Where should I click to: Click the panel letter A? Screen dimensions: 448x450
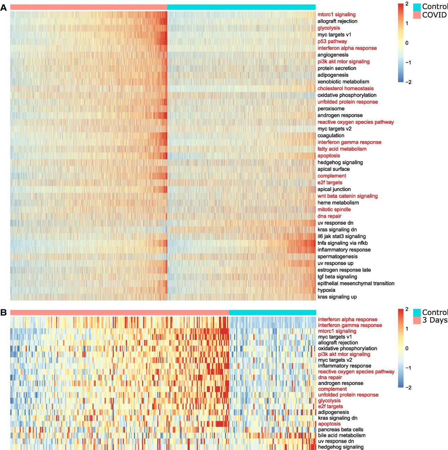click(x=4, y=8)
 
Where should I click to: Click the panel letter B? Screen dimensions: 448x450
click(x=4, y=313)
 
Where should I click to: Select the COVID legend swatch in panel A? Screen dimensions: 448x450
click(x=417, y=15)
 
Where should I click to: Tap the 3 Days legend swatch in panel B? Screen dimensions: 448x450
click(x=417, y=320)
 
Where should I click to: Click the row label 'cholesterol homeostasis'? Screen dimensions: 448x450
click(x=345, y=89)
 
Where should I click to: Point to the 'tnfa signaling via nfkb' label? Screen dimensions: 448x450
click(x=343, y=243)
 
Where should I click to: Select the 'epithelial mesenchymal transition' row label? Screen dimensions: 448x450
click(x=356, y=283)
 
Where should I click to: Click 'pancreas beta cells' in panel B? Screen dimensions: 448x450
click(x=340, y=430)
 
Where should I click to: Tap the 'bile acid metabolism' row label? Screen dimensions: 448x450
click(x=342, y=436)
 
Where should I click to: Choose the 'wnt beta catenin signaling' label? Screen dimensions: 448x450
click(x=348, y=196)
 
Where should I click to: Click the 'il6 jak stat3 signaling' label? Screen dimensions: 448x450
click(x=342, y=236)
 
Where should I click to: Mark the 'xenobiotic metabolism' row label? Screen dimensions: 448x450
click(x=343, y=82)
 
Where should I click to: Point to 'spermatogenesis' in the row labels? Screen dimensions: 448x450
click(x=337, y=257)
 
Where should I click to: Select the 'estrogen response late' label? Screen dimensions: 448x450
click(x=344, y=270)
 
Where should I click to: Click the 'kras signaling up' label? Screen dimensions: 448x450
click(x=337, y=297)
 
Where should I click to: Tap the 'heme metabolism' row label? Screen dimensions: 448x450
click(x=338, y=203)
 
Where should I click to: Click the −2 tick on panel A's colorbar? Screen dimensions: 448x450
click(x=408, y=82)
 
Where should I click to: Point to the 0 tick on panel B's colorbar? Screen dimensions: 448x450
click(x=407, y=348)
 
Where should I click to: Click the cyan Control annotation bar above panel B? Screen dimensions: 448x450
click(x=272, y=313)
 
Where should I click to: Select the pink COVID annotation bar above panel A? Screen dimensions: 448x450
click(x=89, y=7)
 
